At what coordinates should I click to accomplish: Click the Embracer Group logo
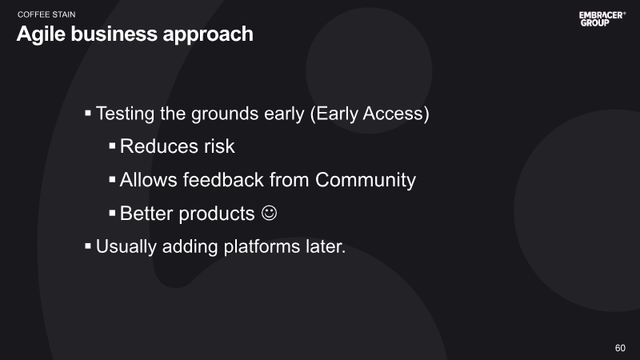pyautogui.click(x=602, y=18)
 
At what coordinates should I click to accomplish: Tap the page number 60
pyautogui.click(x=620, y=348)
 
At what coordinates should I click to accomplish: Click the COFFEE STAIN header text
pyautogui.click(x=46, y=14)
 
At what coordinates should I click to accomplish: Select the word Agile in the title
pyautogui.click(x=41, y=34)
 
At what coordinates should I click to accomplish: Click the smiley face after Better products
pyautogui.click(x=269, y=213)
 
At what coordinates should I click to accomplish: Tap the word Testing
pyautogui.click(x=125, y=114)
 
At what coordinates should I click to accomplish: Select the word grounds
pyautogui.click(x=225, y=114)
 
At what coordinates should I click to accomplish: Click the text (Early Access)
pyautogui.click(x=370, y=114)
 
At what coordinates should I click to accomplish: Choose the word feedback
pyautogui.click(x=223, y=179)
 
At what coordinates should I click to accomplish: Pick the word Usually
pyautogui.click(x=126, y=247)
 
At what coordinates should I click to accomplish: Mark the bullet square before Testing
pyautogui.click(x=88, y=113)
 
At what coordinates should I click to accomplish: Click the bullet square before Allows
pyautogui.click(x=112, y=179)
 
